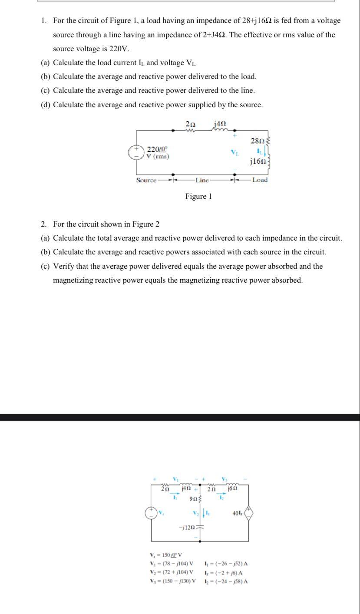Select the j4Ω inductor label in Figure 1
click(x=219, y=124)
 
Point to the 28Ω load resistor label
click(x=257, y=141)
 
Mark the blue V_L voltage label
click(x=234, y=152)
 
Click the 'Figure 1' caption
click(x=198, y=196)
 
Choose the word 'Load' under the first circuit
click(x=260, y=180)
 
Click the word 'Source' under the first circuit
click(x=146, y=180)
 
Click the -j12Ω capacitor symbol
click(x=200, y=528)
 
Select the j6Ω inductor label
click(x=233, y=489)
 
